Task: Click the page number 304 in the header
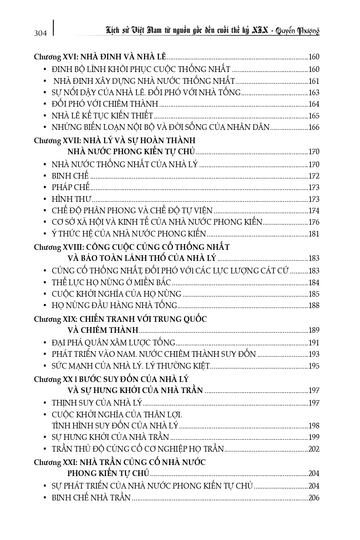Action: coord(40,33)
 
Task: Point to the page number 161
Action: coord(314,81)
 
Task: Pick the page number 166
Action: coord(314,128)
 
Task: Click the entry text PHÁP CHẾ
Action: coord(70,187)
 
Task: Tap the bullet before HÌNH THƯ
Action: coord(45,199)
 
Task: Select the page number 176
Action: coord(314,222)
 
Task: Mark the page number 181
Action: coord(314,234)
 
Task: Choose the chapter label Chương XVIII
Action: coord(56,248)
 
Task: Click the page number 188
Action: coord(314,305)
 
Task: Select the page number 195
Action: coord(314,366)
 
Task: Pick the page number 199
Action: coord(314,438)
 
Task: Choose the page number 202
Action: coord(314,449)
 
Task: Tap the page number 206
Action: coord(314,498)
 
